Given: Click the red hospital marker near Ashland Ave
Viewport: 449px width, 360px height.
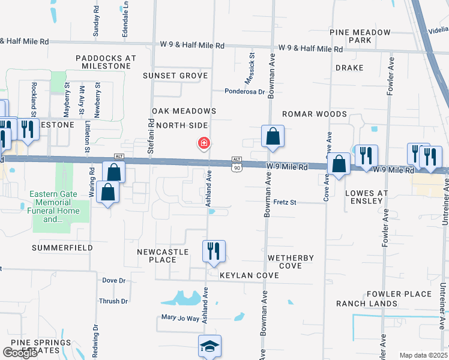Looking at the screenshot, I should [204, 143].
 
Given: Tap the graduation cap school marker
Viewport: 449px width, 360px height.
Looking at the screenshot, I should [209, 346].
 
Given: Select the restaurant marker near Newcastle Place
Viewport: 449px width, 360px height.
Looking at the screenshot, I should [213, 251].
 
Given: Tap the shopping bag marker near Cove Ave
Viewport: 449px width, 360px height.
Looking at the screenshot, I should [339, 164].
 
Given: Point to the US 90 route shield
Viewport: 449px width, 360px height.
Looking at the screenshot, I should [237, 167].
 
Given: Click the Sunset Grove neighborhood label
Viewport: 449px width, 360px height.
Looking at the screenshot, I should [175, 76].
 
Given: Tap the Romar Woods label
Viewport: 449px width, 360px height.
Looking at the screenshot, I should [315, 114].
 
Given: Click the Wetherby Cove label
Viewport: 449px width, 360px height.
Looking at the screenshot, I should [291, 262].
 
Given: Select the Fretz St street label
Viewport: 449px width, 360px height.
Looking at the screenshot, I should [285, 203].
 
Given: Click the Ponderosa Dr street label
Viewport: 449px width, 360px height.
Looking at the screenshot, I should [245, 92].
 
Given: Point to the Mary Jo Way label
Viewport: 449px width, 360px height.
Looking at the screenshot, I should [179, 318].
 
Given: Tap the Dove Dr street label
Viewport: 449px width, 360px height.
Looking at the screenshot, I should [113, 280].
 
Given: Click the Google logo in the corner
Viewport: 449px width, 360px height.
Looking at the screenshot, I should [20, 353].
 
